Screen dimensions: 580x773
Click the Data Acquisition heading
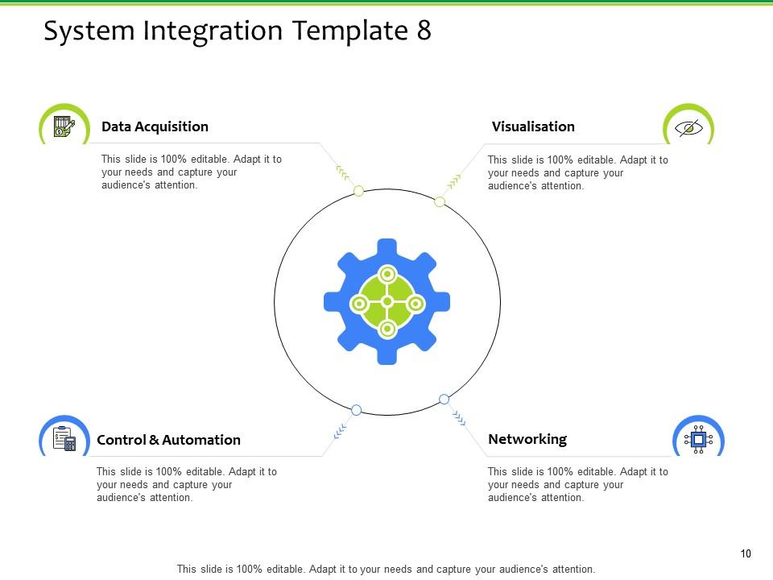point(155,126)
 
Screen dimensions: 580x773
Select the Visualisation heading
point(533,126)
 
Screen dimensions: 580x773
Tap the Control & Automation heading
point(168,440)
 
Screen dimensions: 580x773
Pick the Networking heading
point(527,439)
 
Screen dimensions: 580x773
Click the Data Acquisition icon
point(64,127)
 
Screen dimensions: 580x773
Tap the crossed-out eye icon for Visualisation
point(688,128)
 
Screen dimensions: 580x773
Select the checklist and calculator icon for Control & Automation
point(64,440)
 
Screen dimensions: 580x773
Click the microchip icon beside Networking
point(698,439)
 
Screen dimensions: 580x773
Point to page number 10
point(746,553)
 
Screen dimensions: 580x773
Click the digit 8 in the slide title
point(424,31)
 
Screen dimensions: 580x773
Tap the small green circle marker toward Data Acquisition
point(359,191)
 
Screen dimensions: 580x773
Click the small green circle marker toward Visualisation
point(440,201)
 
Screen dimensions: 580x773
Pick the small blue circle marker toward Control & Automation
point(357,409)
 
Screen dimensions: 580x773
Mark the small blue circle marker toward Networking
point(444,399)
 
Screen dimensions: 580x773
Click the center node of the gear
point(387,301)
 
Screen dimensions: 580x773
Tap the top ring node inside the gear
point(387,275)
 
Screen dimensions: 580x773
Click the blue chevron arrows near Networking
point(459,416)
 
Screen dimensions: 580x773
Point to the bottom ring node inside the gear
point(387,329)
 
